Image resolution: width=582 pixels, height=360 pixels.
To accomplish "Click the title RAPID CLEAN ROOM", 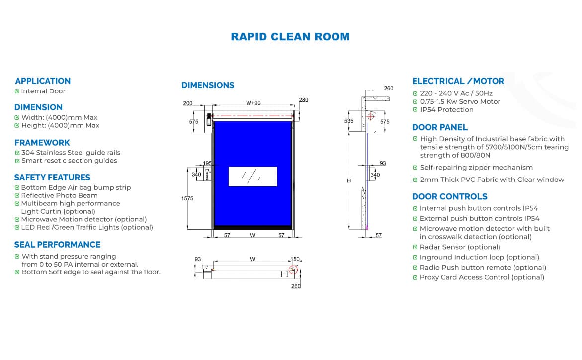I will point(290,37).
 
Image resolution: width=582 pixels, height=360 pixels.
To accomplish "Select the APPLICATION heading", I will point(43,81).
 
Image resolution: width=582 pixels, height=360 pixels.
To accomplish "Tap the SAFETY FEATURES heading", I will point(52,177).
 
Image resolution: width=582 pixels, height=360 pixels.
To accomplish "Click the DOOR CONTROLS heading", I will point(449,196).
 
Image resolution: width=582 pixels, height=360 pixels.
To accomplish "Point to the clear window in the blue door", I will point(252,176).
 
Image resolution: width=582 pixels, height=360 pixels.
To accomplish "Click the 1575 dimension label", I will point(187,198).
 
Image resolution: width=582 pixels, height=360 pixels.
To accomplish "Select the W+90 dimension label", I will point(253,103).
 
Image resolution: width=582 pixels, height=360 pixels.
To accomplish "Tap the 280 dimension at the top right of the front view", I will point(303,100).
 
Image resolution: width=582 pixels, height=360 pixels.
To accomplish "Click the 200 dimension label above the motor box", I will point(188,103).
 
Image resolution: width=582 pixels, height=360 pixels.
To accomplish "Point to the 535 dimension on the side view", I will point(349,121).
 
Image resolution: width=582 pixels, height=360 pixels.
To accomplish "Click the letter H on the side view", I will point(349,180).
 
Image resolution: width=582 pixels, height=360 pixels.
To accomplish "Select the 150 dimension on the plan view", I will point(295,259).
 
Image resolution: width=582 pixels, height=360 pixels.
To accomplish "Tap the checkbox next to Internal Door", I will point(17,91).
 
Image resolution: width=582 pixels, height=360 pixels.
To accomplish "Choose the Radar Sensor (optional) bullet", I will point(460,247).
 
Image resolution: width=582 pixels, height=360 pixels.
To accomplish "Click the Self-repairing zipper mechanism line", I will point(476,168).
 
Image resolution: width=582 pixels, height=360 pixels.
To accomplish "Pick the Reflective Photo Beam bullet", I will point(59,195).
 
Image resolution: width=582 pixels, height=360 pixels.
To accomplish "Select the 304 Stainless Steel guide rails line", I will point(71,153).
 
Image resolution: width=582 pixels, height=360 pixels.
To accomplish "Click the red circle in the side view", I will point(370,117).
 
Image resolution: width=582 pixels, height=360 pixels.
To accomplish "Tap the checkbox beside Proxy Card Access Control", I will point(416,277).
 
